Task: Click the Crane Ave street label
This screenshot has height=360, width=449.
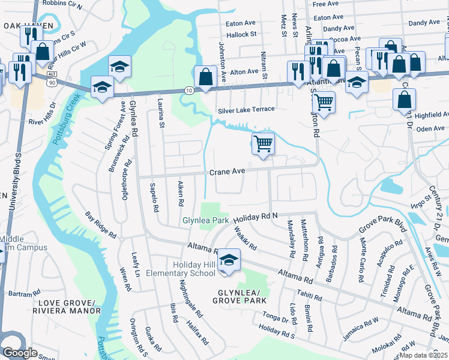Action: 227,172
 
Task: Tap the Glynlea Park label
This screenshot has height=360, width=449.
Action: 206,221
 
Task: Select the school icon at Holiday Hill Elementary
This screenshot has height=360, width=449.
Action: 228,260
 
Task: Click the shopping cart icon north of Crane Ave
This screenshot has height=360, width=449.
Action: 263,144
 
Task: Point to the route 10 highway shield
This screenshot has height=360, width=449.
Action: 189,90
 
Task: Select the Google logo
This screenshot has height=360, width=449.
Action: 20,352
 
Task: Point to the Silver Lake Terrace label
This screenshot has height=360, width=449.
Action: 246,109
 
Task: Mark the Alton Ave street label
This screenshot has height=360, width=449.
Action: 244,71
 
